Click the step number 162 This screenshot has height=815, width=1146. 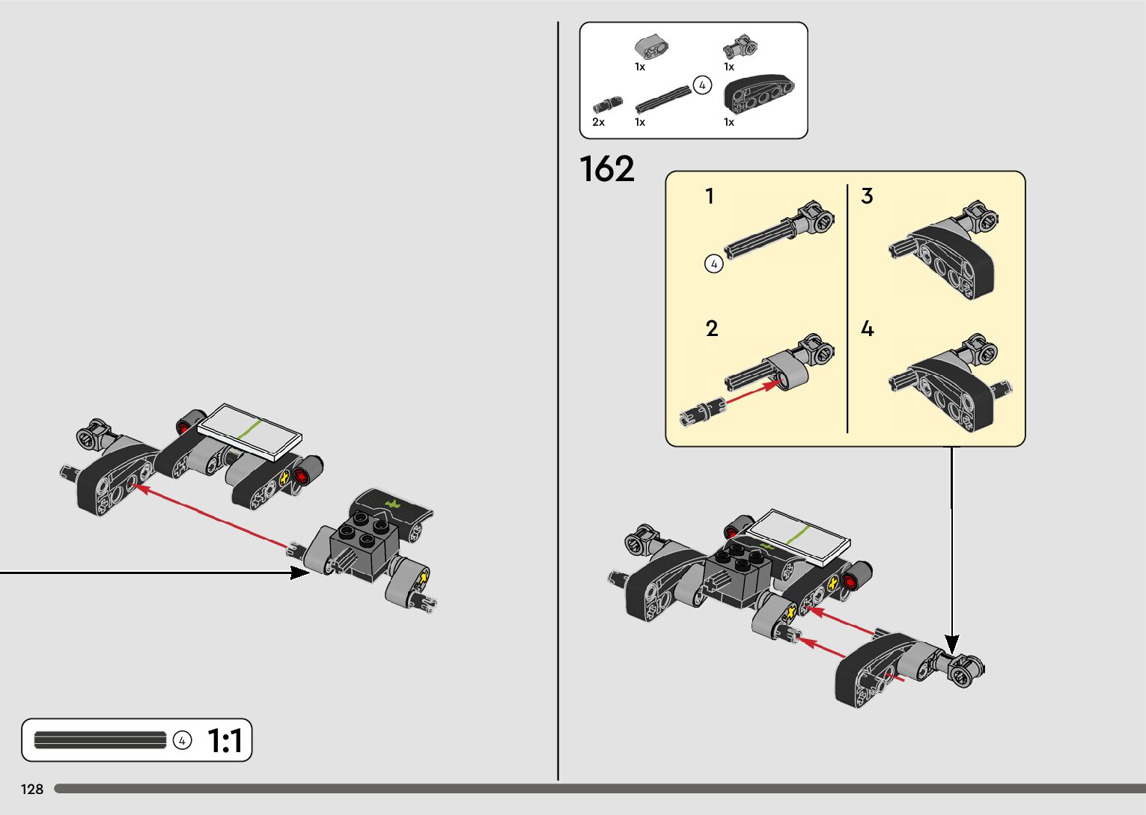click(x=607, y=169)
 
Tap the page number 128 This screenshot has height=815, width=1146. click(x=32, y=789)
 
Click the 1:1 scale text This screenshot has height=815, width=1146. click(x=225, y=741)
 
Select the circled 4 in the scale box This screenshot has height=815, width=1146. click(x=182, y=740)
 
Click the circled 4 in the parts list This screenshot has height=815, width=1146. click(x=701, y=85)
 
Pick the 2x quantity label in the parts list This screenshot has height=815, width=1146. click(x=598, y=122)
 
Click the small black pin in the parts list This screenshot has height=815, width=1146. click(x=607, y=105)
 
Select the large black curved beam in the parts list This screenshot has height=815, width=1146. click(x=758, y=94)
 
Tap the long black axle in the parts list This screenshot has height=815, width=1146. click(x=663, y=98)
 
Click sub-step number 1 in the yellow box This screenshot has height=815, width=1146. click(x=710, y=196)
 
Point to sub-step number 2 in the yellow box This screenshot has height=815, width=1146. click(x=711, y=329)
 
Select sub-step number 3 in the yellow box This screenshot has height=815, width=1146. click(x=867, y=196)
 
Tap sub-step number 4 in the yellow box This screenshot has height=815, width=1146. click(x=867, y=329)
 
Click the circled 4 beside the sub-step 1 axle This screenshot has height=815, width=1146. click(x=714, y=263)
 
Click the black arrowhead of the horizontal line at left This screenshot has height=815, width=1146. click(x=299, y=573)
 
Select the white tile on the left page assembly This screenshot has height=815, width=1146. click(x=250, y=432)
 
